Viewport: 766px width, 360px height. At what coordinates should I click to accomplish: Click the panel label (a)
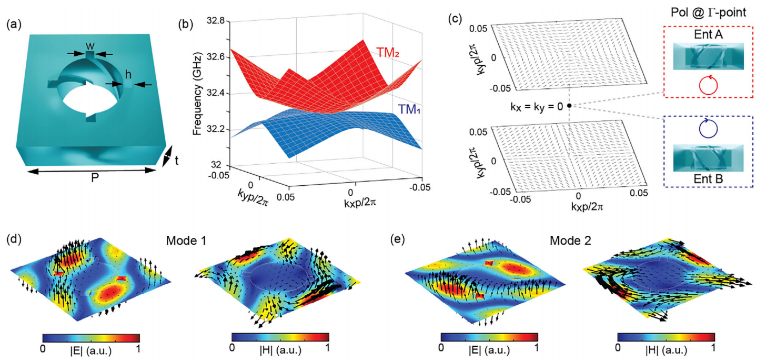pyautogui.click(x=14, y=25)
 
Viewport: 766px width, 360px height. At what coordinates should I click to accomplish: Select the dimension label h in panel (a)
pyautogui.click(x=128, y=74)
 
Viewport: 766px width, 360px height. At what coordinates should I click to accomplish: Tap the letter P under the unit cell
pyautogui.click(x=95, y=177)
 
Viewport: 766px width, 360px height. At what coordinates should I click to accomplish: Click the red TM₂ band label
pyautogui.click(x=388, y=53)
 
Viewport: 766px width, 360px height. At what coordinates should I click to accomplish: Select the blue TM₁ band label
pyautogui.click(x=409, y=109)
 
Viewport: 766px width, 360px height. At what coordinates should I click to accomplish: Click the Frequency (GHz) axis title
pyautogui.click(x=197, y=94)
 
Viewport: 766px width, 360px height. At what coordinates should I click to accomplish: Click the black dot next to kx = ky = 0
pyautogui.click(x=569, y=106)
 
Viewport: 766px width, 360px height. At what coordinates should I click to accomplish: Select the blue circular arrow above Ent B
pyautogui.click(x=708, y=128)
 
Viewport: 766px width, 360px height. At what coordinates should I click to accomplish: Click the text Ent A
pyautogui.click(x=708, y=34)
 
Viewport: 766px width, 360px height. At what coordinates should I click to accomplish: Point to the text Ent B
pyautogui.click(x=708, y=178)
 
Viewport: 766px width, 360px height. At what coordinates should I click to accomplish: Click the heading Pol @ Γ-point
pyautogui.click(x=708, y=13)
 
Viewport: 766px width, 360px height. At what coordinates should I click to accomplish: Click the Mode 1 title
pyautogui.click(x=186, y=241)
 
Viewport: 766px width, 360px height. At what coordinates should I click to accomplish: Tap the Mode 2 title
pyautogui.click(x=570, y=241)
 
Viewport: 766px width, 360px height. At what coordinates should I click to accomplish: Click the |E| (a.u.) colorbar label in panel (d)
pyautogui.click(x=91, y=351)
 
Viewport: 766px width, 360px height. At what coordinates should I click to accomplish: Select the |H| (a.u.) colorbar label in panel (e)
pyautogui.click(x=666, y=349)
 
